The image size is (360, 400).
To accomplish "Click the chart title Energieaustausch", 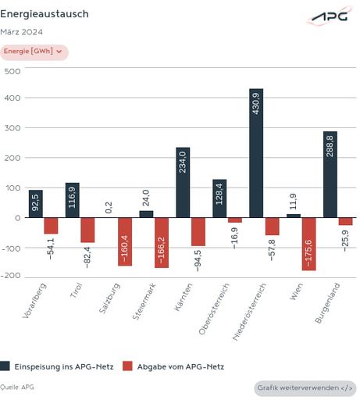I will coord(45,14).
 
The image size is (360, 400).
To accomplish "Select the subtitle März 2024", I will coord(22,32).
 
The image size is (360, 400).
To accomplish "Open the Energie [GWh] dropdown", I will coord(34,52).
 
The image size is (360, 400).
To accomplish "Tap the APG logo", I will coord(329,16).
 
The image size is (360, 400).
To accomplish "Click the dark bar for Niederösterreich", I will coord(256,152).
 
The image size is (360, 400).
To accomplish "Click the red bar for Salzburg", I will coord(125,241).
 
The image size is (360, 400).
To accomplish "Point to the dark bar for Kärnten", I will coord(183,182).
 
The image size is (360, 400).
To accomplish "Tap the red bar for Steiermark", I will coord(162,242).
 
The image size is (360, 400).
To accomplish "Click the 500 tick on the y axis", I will coord(12,70).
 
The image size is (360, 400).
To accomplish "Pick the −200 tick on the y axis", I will coord(10,277).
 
